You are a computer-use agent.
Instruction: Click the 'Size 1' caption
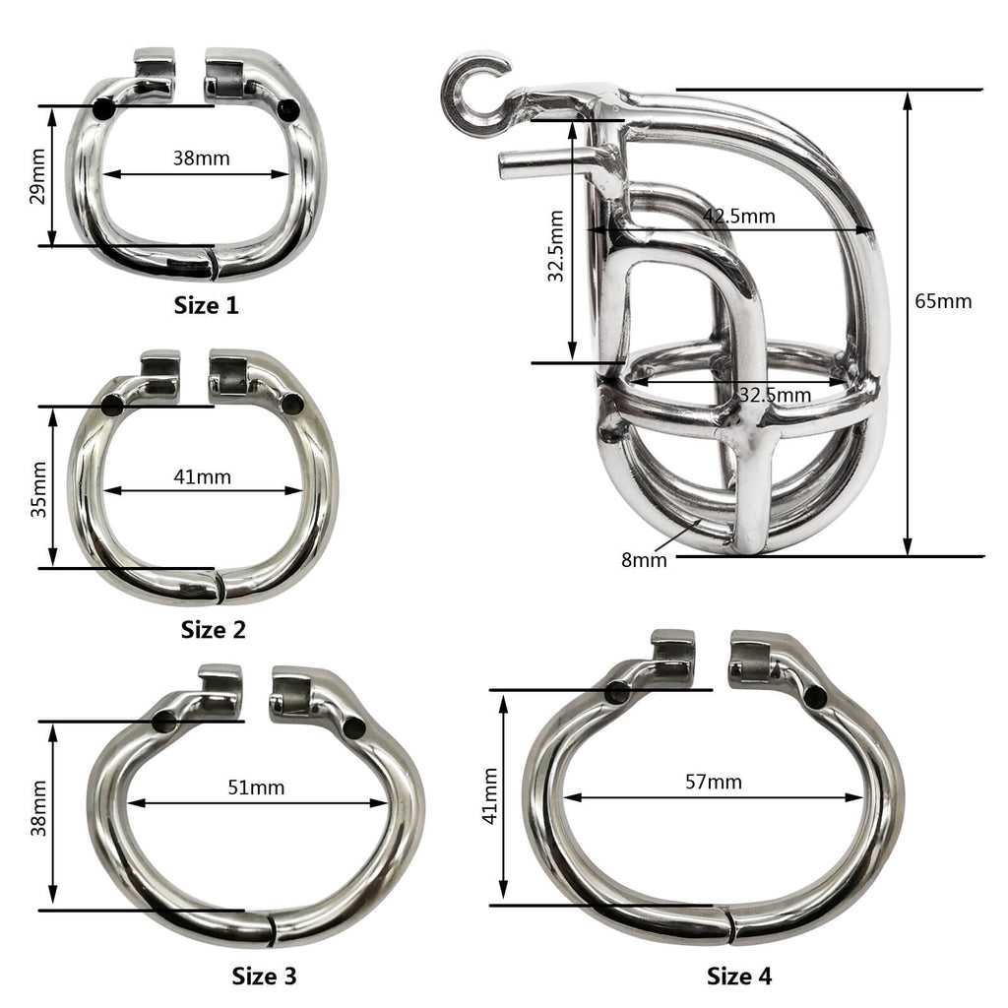tap(206, 305)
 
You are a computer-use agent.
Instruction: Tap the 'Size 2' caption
tap(213, 629)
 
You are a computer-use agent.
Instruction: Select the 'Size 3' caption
tap(264, 976)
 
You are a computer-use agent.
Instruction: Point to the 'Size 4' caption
tap(739, 976)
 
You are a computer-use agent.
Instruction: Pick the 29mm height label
tap(36, 176)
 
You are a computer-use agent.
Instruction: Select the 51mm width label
tap(256, 787)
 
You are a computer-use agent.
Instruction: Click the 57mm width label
tap(714, 782)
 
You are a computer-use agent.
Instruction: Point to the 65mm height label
tap(943, 300)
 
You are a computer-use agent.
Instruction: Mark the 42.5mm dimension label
tap(738, 216)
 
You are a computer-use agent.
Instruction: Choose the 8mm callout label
tap(644, 560)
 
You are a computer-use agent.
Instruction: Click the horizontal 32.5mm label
tap(776, 395)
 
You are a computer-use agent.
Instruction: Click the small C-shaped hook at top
tap(473, 93)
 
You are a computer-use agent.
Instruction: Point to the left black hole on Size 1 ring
tap(102, 109)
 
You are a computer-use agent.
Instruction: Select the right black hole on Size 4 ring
tap(815, 697)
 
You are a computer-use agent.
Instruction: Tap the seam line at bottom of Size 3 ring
tap(271, 927)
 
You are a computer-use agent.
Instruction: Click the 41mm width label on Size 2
tap(202, 476)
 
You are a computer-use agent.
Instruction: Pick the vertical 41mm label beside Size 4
tap(489, 796)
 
